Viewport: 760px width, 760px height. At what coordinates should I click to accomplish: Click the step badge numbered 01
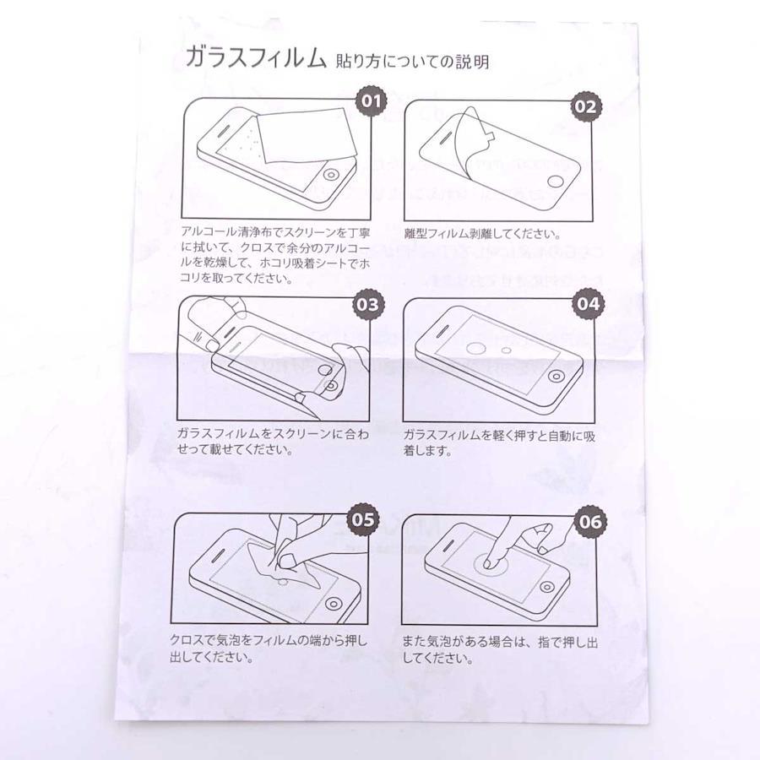372,101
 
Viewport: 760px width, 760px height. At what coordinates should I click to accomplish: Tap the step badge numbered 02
585,106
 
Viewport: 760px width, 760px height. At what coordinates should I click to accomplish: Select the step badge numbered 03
367,304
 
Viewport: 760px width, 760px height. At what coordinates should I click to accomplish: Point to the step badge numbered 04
588,303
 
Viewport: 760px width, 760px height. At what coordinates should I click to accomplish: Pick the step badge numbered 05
363,519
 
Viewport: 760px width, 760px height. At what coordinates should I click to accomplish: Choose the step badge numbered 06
590,522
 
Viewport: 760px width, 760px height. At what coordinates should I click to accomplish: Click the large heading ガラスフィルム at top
256,58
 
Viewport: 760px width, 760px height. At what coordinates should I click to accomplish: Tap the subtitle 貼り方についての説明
412,62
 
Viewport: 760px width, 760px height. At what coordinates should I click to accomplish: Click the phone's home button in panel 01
332,175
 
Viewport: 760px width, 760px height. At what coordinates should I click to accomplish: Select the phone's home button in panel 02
556,182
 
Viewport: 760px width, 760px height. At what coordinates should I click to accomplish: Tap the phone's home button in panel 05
333,604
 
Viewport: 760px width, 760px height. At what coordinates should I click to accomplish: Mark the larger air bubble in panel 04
476,348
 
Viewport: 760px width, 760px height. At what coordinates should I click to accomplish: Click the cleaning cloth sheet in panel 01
304,135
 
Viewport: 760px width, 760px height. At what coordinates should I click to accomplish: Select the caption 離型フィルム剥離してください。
483,234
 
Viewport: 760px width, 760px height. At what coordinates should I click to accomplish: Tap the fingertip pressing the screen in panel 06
489,563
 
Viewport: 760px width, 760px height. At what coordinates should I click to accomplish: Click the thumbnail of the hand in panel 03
211,345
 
